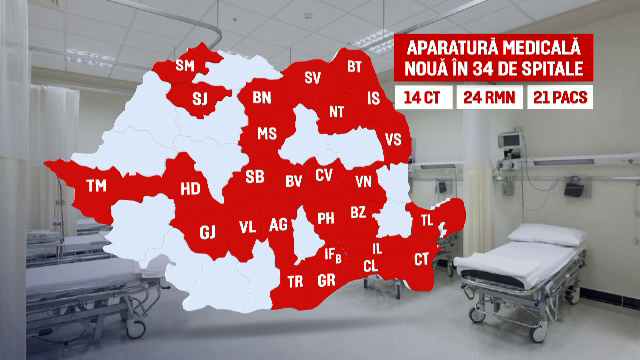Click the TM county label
point(96,186)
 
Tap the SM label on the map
point(185,66)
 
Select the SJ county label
point(199,98)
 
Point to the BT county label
point(354,67)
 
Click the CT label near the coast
point(421,259)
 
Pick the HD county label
point(190,188)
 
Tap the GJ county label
point(208,232)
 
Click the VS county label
point(393,140)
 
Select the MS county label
point(267,133)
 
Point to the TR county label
point(295,281)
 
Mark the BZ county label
point(358,213)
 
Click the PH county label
point(326,218)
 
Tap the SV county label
point(312,77)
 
